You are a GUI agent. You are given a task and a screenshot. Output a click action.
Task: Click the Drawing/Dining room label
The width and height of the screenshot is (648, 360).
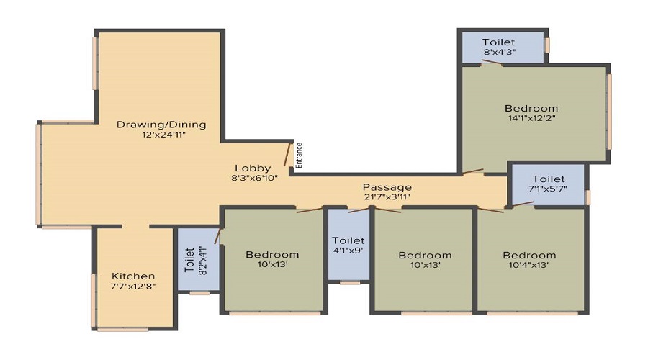pos(161,125)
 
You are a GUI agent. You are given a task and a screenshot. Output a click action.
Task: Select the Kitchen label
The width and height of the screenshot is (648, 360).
pos(133,276)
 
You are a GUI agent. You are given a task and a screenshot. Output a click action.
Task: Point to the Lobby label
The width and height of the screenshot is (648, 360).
pos(253,168)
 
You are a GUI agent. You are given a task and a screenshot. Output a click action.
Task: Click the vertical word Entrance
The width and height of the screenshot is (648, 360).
pos(300,156)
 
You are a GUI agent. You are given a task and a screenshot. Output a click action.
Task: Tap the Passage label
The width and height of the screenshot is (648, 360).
pos(387,188)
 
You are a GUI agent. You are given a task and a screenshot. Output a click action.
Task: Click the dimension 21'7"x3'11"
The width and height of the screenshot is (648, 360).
pos(387,197)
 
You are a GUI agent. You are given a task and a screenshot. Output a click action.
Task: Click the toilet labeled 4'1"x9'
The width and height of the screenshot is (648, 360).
pos(348,245)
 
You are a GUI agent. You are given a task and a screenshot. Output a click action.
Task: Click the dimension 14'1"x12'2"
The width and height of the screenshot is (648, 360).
pos(532,118)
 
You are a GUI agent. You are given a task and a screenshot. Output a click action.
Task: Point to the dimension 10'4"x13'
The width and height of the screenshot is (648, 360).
pos(529,265)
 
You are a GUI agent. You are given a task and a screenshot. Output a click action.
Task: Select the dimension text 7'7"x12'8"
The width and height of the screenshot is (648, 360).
pos(133,286)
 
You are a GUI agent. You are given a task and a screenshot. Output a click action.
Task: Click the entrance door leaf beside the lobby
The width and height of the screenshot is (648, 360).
pos(287,154)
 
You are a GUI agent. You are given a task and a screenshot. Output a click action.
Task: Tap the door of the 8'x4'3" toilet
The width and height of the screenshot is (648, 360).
pos(491,63)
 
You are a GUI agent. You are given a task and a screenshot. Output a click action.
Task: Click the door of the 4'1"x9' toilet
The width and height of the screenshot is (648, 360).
pos(359,210)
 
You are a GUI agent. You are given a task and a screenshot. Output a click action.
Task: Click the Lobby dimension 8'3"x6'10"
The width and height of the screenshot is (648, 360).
pos(255,178)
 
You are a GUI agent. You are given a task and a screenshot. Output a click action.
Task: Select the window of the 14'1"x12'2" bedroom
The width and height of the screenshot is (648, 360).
pos(608,112)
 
